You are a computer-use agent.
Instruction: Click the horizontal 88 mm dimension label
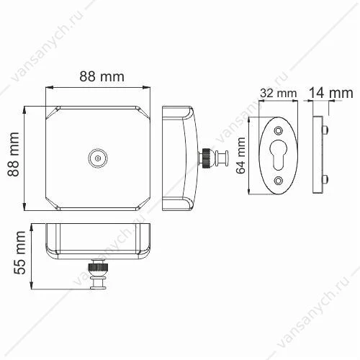click(102, 76)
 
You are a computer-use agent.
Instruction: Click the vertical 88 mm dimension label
click(14, 154)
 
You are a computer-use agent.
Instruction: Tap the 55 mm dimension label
click(19, 253)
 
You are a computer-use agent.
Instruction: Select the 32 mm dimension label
click(279, 93)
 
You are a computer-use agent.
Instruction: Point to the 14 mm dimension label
click(330, 93)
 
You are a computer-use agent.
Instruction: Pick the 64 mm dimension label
click(240, 156)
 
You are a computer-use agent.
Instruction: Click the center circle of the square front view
click(98, 158)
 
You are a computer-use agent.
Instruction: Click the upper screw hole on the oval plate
click(279, 130)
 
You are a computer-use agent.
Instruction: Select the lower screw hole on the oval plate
click(279, 180)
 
